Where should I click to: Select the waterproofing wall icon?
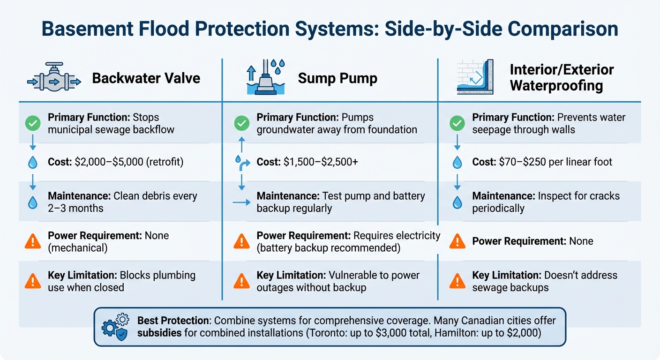(x=475, y=77)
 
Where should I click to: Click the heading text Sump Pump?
(x=337, y=78)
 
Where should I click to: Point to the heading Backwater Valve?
(x=146, y=78)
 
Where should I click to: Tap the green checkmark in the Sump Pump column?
(x=241, y=123)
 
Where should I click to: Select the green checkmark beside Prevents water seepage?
(x=457, y=123)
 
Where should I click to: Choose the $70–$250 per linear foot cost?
(x=542, y=162)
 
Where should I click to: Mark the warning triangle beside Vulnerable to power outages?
(x=241, y=281)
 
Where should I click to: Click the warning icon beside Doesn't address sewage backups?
(x=457, y=281)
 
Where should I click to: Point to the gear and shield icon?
(x=114, y=326)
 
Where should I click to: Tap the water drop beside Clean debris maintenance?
(x=32, y=202)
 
